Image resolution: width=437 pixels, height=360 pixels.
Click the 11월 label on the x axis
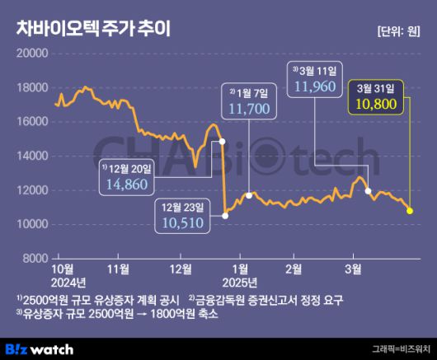119,268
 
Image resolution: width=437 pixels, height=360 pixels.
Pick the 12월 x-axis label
181,268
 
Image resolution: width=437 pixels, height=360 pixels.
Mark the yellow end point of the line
410,211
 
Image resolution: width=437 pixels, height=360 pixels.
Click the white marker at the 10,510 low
225,216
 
